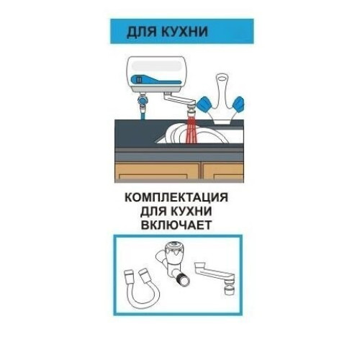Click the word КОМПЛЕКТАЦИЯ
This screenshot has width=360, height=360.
click(x=176, y=197)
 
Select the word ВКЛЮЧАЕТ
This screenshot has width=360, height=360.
click(x=176, y=225)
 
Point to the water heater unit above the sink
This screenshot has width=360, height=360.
click(x=156, y=75)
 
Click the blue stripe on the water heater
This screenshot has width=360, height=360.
click(x=156, y=79)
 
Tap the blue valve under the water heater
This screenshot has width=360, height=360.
click(x=143, y=100)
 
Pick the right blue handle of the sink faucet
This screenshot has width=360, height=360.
click(x=238, y=104)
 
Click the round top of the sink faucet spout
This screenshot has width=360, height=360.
click(x=222, y=78)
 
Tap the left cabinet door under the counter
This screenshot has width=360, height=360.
click(x=158, y=172)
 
